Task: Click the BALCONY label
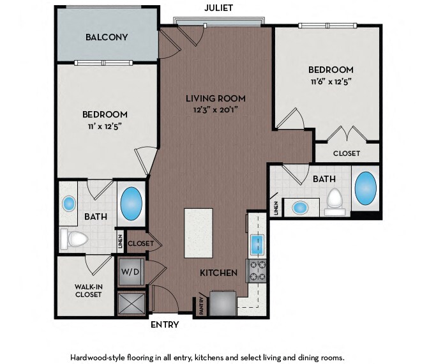pyautogui.click(x=107, y=37)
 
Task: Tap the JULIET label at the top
pyautogui.click(x=218, y=8)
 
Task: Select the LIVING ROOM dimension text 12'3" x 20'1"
pyautogui.click(x=216, y=110)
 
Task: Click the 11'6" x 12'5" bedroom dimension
pyautogui.click(x=331, y=82)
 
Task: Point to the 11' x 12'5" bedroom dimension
pyautogui.click(x=105, y=126)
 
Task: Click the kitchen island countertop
pyautogui.click(x=199, y=233)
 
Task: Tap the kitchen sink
pyautogui.click(x=257, y=245)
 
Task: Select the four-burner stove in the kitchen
pyautogui.click(x=257, y=271)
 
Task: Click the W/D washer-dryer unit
pyautogui.click(x=131, y=271)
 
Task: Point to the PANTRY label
pyautogui.click(x=202, y=305)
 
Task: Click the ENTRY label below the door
pyautogui.click(x=165, y=324)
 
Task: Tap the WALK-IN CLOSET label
pyautogui.click(x=89, y=291)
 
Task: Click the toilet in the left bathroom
pyautogui.click(x=74, y=239)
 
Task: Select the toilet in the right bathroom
pyautogui.click(x=335, y=202)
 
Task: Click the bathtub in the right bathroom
pyautogui.click(x=366, y=188)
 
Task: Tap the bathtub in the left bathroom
pyautogui.click(x=132, y=203)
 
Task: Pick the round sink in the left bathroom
pyautogui.click(x=69, y=203)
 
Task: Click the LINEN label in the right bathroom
pyautogui.click(x=276, y=208)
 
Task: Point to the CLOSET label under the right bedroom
pyautogui.click(x=347, y=153)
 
